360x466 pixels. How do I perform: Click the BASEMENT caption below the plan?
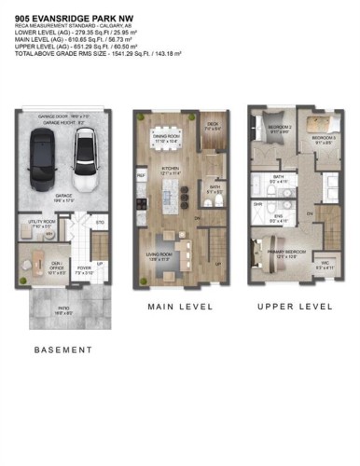[x=62, y=350]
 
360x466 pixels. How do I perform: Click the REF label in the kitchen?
[x=142, y=174]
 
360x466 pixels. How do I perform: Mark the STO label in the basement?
[x=99, y=223]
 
